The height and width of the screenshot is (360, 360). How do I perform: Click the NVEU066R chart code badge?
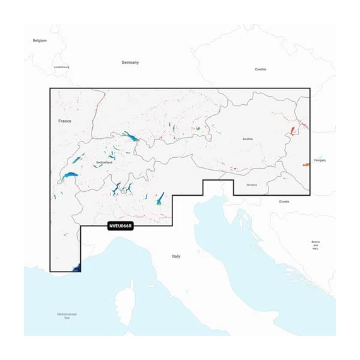click(120, 225)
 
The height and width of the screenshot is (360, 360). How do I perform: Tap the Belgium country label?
click(40, 40)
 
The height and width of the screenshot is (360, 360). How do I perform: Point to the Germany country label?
click(130, 63)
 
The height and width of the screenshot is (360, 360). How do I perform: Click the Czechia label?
click(260, 69)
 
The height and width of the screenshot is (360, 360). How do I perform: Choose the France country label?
click(65, 121)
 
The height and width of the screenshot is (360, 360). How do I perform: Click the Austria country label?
click(248, 138)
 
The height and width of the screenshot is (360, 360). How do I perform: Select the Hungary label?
click(320, 160)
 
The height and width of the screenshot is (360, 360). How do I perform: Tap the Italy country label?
click(176, 256)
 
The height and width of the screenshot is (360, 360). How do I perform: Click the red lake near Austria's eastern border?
click(293, 131)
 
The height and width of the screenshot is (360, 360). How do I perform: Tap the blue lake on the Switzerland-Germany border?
click(131, 136)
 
